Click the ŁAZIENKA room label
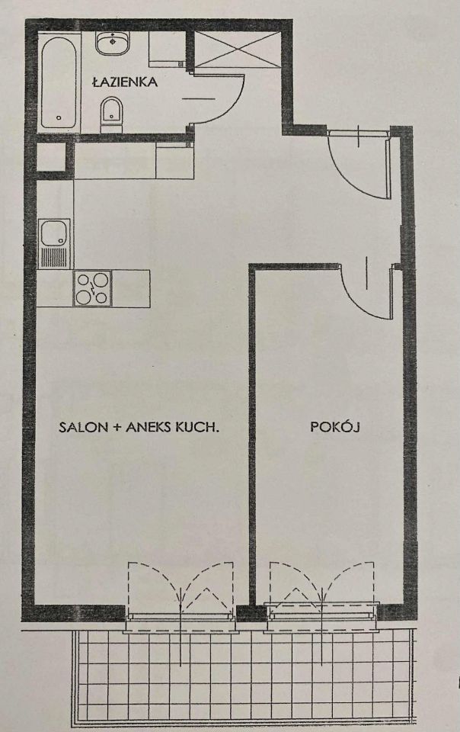(x=125, y=82)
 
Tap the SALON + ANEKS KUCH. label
(x=139, y=428)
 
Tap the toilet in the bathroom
(x=111, y=112)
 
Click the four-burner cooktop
(x=93, y=288)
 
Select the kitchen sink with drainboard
(x=55, y=242)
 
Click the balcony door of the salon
(x=180, y=591)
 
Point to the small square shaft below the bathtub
(x=50, y=159)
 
